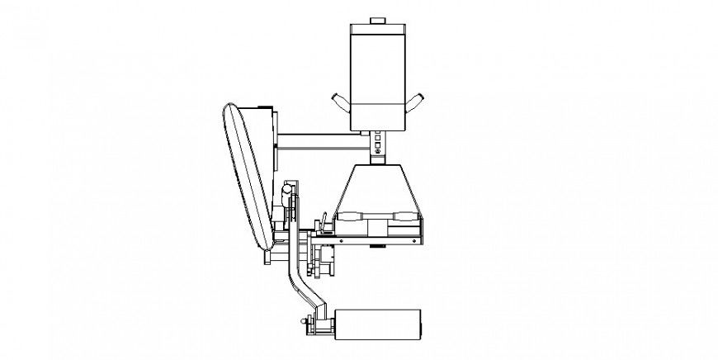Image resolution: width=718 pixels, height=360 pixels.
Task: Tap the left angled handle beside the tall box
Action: point(341,102)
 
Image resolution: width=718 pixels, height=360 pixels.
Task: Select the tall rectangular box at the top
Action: point(377,70)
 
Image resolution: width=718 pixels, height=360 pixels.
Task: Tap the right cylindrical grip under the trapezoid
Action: point(405,216)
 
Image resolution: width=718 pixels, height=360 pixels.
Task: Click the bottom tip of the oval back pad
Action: point(266,248)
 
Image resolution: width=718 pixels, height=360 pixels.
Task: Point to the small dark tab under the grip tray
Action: point(379,246)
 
